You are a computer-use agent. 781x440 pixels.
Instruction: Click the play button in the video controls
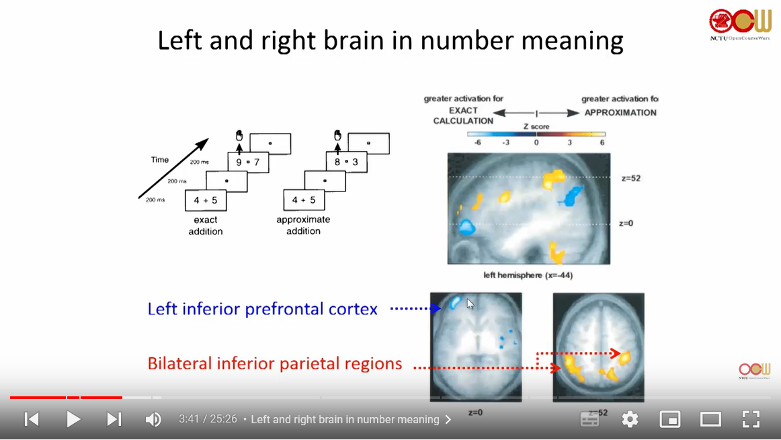(x=73, y=419)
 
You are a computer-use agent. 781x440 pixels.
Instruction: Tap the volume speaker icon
(x=153, y=419)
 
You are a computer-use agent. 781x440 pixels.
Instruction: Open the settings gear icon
(x=630, y=419)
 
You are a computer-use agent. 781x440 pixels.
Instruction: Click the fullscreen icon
(x=751, y=419)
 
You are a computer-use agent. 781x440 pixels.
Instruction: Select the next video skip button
(x=114, y=419)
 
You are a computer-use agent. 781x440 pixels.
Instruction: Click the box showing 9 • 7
(x=247, y=162)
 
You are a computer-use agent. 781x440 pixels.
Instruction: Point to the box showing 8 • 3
(x=346, y=162)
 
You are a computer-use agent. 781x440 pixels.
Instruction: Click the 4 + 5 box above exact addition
(x=206, y=200)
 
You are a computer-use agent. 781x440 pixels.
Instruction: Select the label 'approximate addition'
(x=303, y=225)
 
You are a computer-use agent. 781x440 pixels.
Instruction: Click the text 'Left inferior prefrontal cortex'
(x=262, y=309)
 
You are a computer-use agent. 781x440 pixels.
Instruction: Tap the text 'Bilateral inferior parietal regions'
(x=275, y=363)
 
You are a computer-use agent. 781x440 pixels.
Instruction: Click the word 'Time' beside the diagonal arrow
(x=160, y=160)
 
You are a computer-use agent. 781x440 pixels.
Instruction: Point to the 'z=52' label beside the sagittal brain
(x=630, y=179)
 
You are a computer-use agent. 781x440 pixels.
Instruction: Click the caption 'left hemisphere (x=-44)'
(x=528, y=275)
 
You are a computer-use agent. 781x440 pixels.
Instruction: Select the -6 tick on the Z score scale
(x=478, y=142)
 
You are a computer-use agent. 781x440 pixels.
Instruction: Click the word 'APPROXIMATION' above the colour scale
(x=620, y=113)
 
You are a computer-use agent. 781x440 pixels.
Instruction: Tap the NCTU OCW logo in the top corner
(x=740, y=24)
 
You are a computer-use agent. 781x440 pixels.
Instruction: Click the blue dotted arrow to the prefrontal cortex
(x=415, y=309)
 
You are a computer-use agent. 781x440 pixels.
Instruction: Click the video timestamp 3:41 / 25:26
(x=208, y=419)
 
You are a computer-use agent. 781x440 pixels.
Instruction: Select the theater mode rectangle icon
(x=710, y=419)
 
